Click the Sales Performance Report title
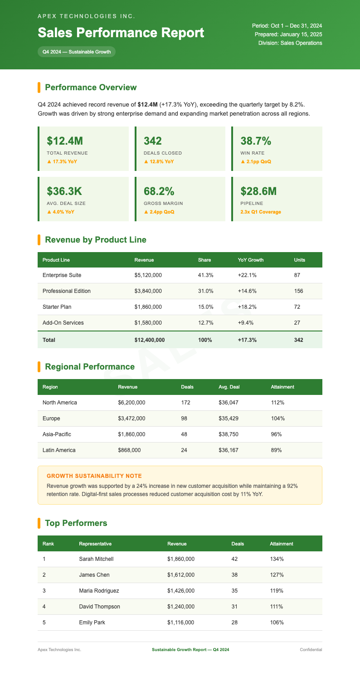point(121,33)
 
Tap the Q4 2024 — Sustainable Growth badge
point(77,52)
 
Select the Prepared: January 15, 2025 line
point(288,34)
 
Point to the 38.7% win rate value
point(256,141)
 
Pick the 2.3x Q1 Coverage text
point(261,212)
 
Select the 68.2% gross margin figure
point(159,191)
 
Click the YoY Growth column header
point(250,260)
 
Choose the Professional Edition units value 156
point(298,291)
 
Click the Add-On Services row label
point(63,323)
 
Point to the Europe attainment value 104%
point(277,418)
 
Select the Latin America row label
point(59,450)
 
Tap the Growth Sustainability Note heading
point(94,476)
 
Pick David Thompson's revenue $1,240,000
point(180,607)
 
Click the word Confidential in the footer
point(311,650)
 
